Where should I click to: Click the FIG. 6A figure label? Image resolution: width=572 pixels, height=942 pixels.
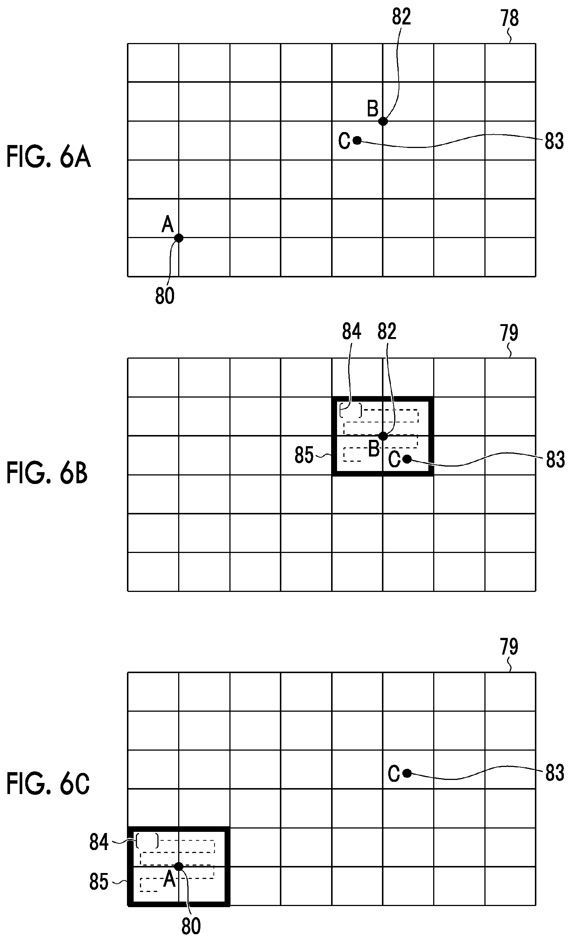pyautogui.click(x=49, y=157)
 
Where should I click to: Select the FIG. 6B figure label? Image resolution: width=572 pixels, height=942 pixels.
pyautogui.click(x=47, y=473)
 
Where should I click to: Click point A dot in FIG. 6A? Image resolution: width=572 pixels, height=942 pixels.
pyautogui.click(x=179, y=238)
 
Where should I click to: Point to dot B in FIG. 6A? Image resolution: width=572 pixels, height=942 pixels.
pyautogui.click(x=383, y=121)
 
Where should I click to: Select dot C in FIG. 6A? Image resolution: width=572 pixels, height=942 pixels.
pyautogui.click(x=357, y=140)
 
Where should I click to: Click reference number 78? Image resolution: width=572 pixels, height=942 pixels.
pyautogui.click(x=510, y=18)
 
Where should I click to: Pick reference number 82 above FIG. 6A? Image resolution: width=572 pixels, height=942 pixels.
pyautogui.click(x=401, y=17)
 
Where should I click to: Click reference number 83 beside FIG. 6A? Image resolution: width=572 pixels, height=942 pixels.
pyautogui.click(x=554, y=141)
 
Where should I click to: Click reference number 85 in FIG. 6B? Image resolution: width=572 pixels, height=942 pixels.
pyautogui.click(x=304, y=455)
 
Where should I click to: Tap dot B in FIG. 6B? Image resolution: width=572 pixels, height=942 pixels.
pyautogui.click(x=383, y=436)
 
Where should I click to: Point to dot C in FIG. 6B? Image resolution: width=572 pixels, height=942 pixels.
pyautogui.click(x=407, y=459)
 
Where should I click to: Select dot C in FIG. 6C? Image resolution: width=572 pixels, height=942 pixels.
pyautogui.click(x=407, y=773)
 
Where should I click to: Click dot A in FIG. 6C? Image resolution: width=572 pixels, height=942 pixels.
pyautogui.click(x=179, y=866)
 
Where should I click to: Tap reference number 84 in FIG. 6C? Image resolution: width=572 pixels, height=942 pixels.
pyautogui.click(x=99, y=842)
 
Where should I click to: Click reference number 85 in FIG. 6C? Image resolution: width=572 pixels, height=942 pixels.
pyautogui.click(x=99, y=882)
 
